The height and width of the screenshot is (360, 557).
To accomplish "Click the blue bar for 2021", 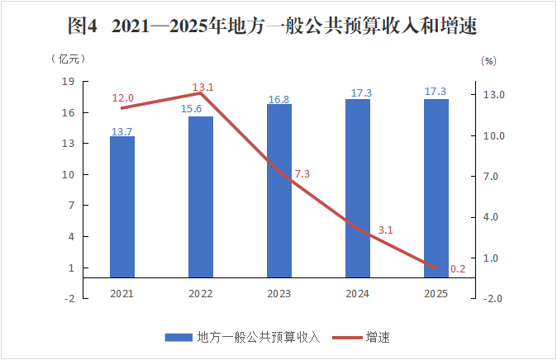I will tap(122, 206).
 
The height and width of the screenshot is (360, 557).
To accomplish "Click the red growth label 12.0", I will tap(122, 98).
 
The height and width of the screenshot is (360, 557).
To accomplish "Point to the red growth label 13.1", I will tap(202, 87).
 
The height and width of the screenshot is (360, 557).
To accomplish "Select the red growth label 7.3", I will tap(302, 174).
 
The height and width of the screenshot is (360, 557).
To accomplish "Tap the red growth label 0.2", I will tap(459, 268).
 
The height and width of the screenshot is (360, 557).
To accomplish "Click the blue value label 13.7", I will tap(121, 131).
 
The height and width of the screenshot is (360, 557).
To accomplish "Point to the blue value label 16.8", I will tap(279, 99).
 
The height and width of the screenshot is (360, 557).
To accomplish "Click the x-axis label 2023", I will tap(279, 294).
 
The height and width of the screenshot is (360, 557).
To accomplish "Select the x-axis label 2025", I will tap(436, 294).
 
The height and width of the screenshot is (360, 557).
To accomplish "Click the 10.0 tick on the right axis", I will tap(495, 136).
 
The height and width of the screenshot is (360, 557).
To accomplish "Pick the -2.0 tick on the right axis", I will tap(493, 298).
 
